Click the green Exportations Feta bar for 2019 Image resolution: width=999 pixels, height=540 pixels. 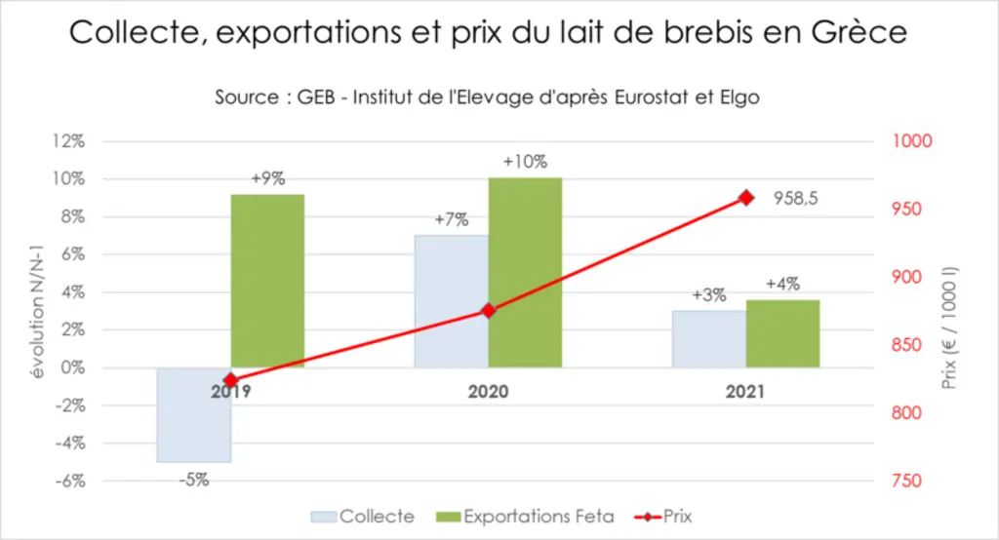tap(267, 281)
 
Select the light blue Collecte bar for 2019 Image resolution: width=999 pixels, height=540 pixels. tap(194, 414)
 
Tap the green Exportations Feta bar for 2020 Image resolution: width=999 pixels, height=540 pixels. tap(525, 273)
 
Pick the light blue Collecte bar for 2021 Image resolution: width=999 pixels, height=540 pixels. tap(709, 339)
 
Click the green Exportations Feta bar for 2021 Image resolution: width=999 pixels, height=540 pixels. tap(782, 333)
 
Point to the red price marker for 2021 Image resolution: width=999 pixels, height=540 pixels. tap(746, 198)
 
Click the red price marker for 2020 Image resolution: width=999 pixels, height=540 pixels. tap(489, 311)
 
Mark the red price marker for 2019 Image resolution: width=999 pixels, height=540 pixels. tap(231, 380)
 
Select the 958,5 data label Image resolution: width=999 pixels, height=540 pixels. tap(795, 199)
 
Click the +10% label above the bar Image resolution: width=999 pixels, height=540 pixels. tap(525, 162)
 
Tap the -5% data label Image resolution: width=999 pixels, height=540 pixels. tap(194, 480)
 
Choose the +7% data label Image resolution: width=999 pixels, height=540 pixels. tap(451, 219)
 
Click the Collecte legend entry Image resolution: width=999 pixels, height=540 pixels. tap(363, 517)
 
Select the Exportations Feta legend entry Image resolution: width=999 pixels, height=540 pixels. tap(525, 517)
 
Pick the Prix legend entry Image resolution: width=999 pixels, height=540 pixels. tap(663, 517)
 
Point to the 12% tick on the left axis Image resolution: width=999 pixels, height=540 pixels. tap(68, 140)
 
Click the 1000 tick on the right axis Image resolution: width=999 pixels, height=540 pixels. tap(912, 140)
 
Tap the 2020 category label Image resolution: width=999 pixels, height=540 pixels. tap(488, 391)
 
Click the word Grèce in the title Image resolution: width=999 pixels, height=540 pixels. tap(859, 32)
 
